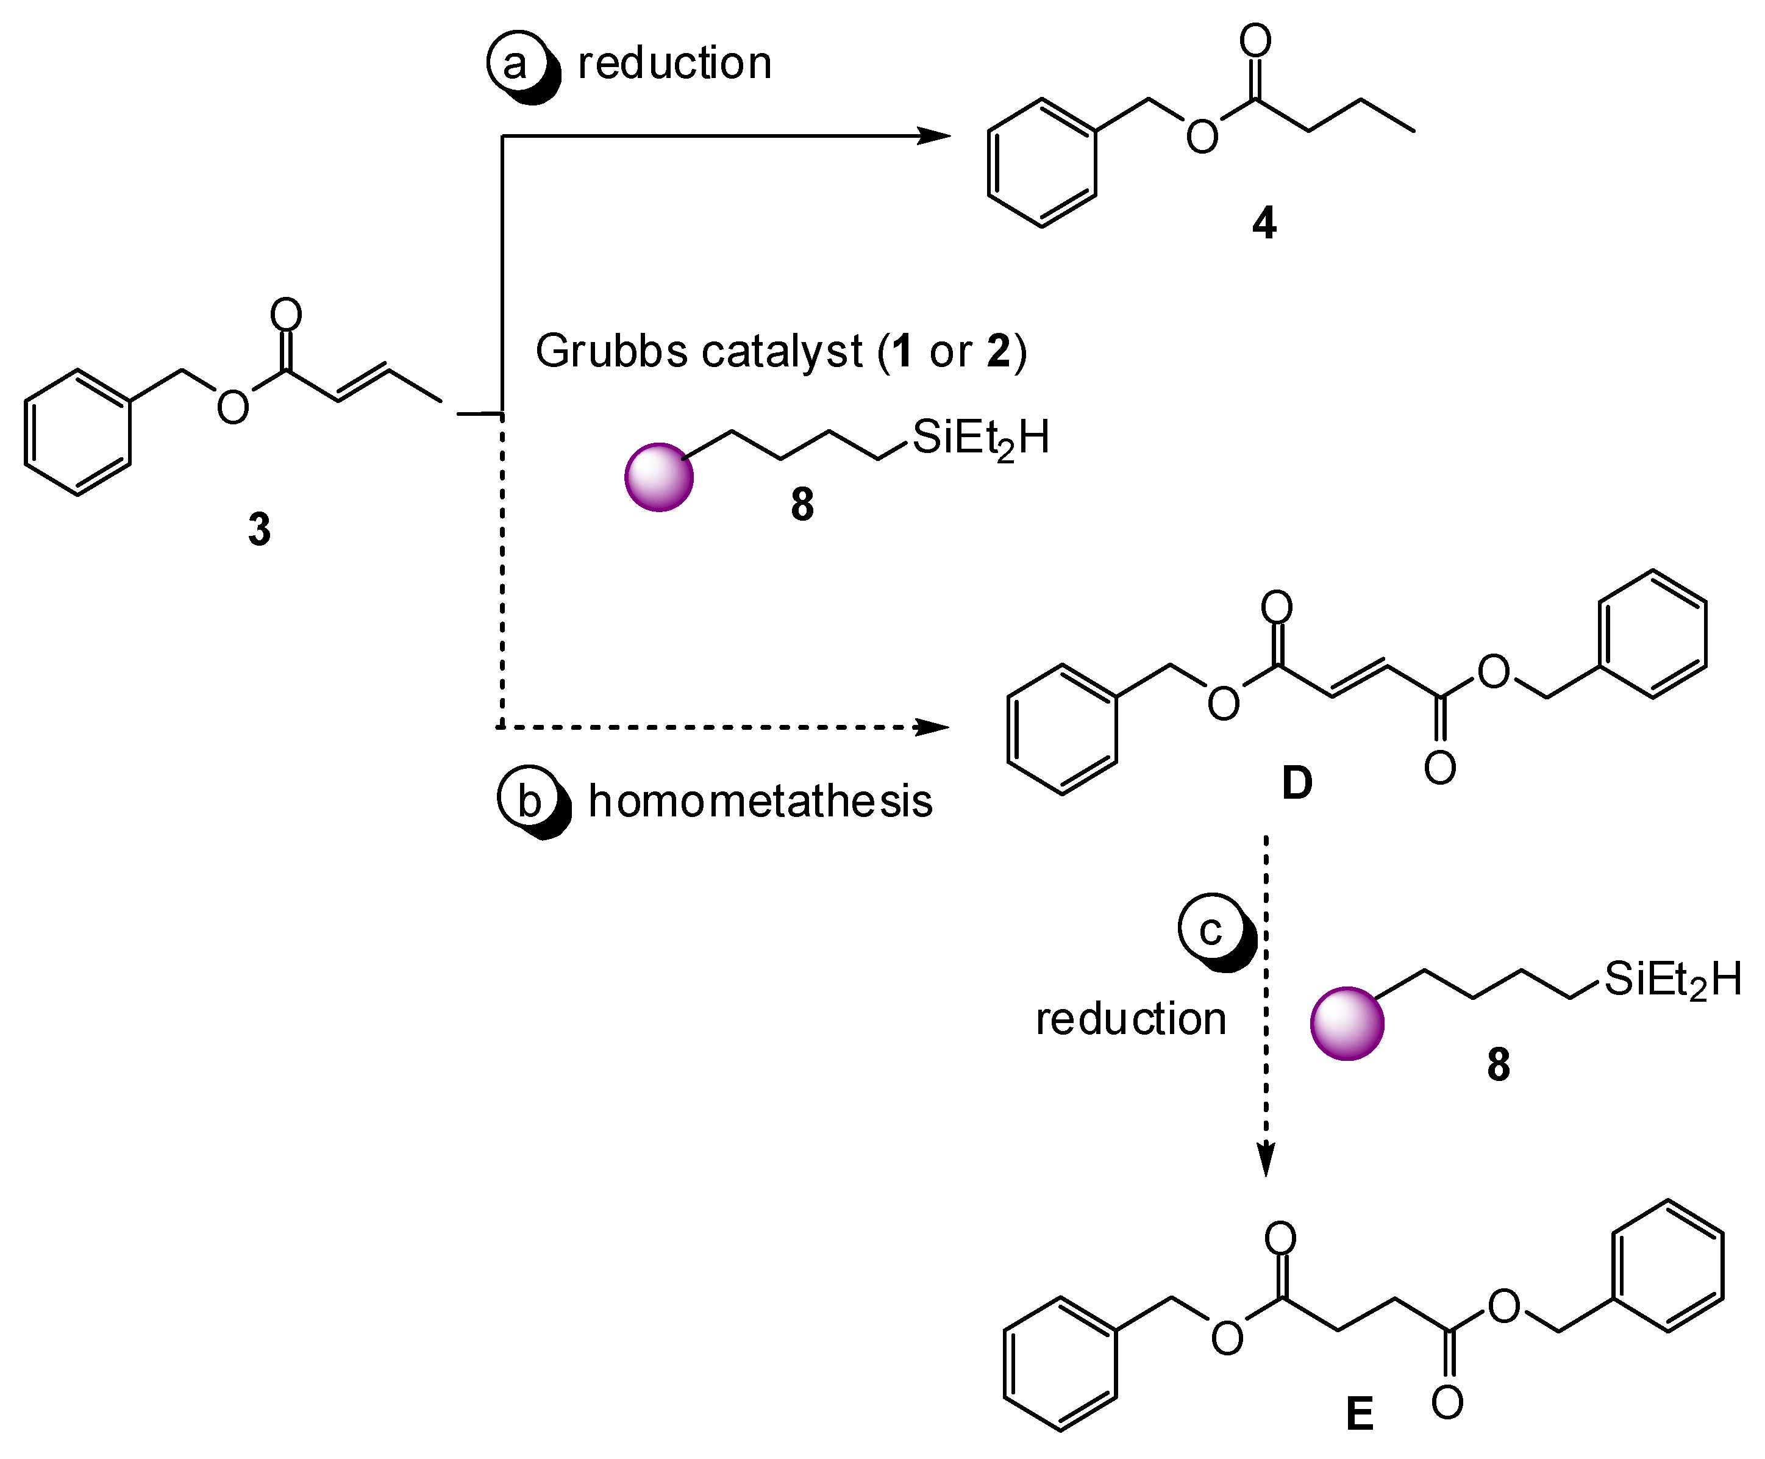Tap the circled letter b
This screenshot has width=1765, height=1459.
(x=528, y=799)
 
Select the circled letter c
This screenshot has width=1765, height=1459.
(x=1210, y=930)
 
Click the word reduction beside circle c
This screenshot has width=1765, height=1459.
(x=1130, y=1019)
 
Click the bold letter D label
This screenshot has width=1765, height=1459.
(x=1297, y=783)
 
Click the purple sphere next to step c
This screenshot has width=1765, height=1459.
(x=1346, y=1023)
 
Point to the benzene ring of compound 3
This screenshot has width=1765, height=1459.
(x=78, y=432)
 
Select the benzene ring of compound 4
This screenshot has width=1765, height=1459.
(x=1041, y=163)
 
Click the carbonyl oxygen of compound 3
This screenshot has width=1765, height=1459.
(x=286, y=315)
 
